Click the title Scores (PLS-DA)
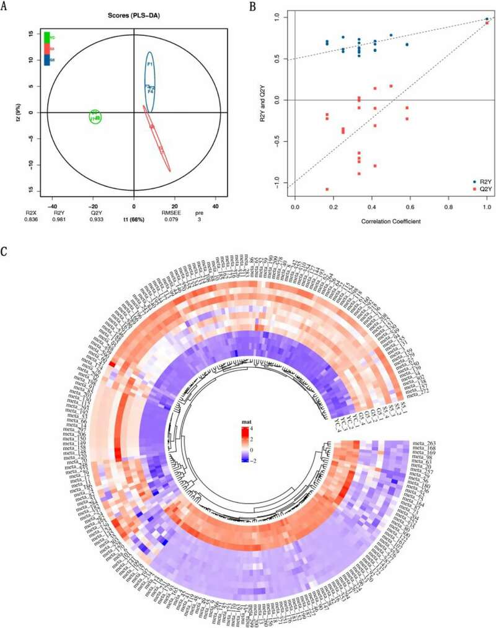pos(133,14)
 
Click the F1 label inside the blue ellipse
pos(150,64)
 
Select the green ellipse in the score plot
pos(95,116)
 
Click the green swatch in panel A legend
pos(46,37)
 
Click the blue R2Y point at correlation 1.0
pos(487,19)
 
